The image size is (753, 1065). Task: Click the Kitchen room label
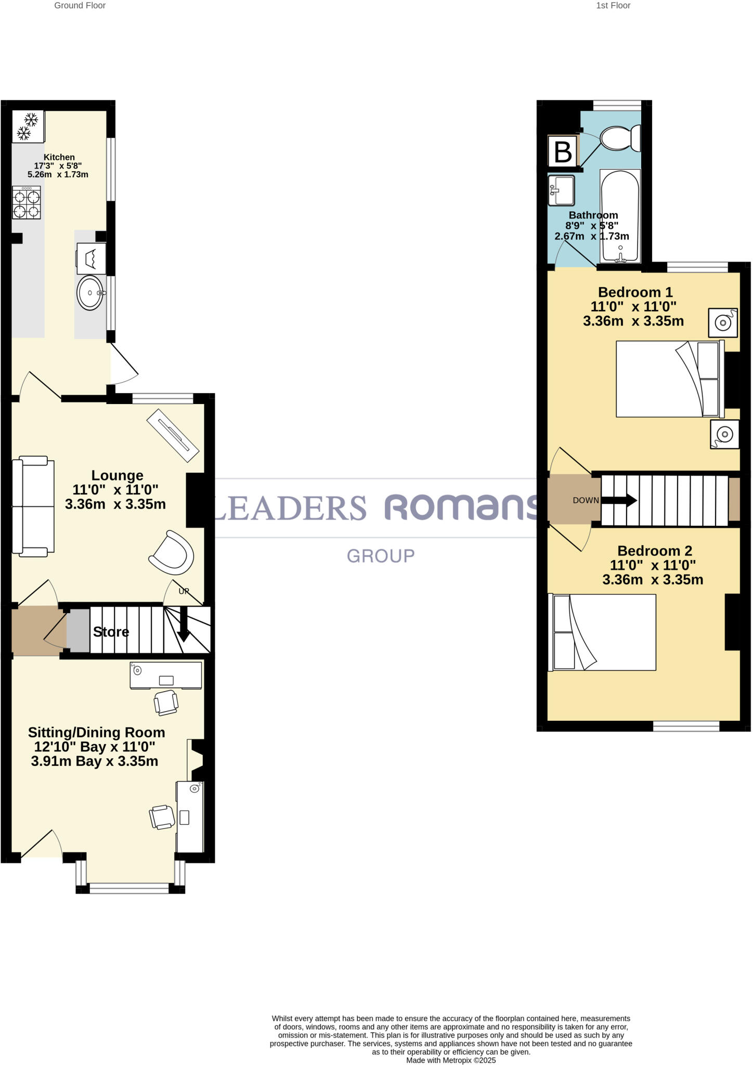[x=59, y=157]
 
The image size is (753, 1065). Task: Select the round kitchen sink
[x=90, y=293]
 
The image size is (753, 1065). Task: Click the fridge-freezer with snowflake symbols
[x=28, y=126]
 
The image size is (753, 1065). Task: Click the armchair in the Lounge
[x=172, y=553]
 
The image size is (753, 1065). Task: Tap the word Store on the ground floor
[x=111, y=632]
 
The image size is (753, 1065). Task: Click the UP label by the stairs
[x=184, y=591]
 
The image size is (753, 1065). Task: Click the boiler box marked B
[x=563, y=152]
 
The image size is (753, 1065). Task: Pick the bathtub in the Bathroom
[x=620, y=216]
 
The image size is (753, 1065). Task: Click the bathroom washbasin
[x=561, y=191]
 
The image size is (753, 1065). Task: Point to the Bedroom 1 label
[x=635, y=292]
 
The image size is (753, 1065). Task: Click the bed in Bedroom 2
[x=603, y=632]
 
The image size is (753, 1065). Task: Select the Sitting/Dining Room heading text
[x=96, y=733]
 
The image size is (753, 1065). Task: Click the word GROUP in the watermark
[x=381, y=556]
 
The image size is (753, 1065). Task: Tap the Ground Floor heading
[x=80, y=6]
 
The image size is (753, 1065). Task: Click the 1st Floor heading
[x=613, y=6]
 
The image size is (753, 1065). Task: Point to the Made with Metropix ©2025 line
[x=451, y=1060]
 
